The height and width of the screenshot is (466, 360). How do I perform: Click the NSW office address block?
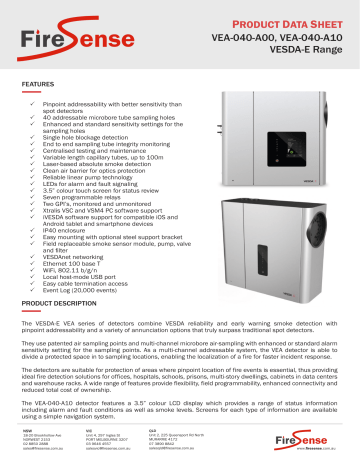click(x=39, y=438)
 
